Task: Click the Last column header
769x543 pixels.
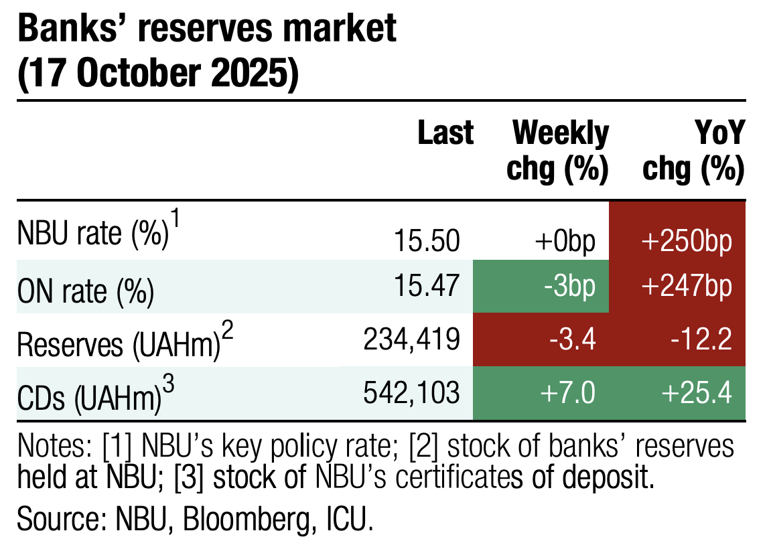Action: [x=445, y=134]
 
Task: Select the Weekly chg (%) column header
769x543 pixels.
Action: [x=558, y=152]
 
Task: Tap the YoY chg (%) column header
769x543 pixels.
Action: [x=693, y=152]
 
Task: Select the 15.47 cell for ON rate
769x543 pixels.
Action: [x=427, y=287]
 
